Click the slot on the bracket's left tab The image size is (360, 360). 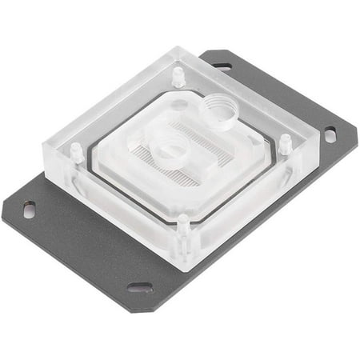[x=30, y=210]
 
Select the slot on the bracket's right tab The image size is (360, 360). [x=330, y=135]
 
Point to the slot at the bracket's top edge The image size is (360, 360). [x=222, y=66]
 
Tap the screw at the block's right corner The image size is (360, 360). [x=285, y=144]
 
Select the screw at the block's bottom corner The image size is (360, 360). [x=183, y=225]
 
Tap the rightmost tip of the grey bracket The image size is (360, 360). [x=357, y=126]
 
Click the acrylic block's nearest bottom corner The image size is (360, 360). [x=186, y=270]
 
